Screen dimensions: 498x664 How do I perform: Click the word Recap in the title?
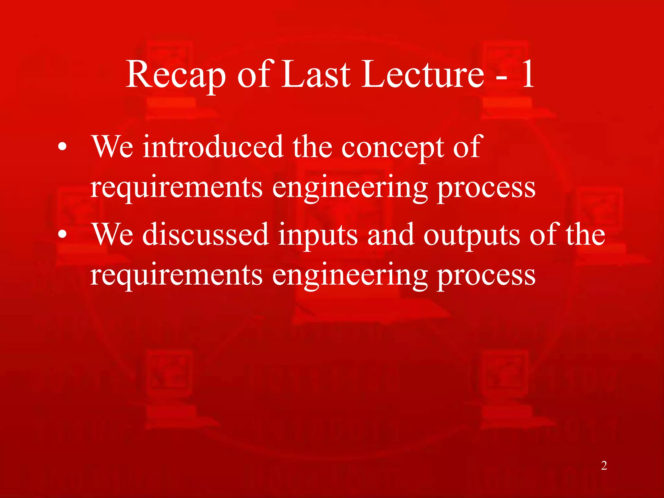point(175,75)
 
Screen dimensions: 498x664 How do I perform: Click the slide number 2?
point(604,466)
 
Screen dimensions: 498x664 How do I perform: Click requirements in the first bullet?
point(176,188)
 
